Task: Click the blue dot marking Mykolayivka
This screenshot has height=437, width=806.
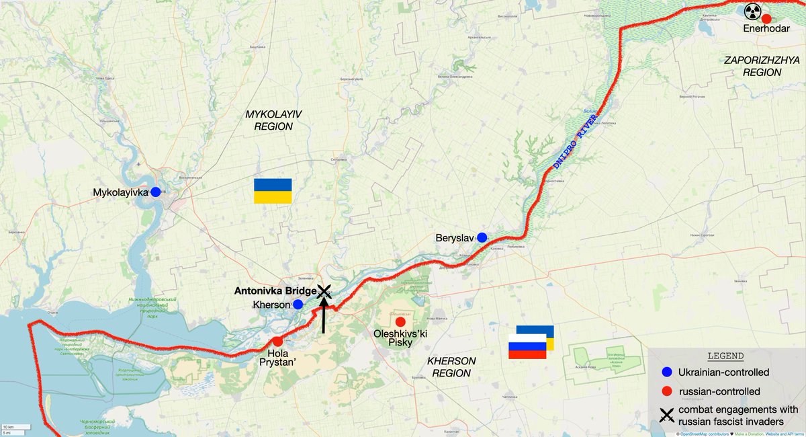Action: [156, 192]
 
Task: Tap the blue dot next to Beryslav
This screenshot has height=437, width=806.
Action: [482, 237]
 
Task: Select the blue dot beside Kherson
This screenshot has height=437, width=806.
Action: [298, 305]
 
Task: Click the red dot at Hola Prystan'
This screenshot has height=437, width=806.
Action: [277, 341]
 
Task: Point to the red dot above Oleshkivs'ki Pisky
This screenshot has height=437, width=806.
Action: [400, 321]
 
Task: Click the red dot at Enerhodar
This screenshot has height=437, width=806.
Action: [766, 18]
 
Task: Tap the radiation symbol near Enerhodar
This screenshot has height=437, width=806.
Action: [752, 11]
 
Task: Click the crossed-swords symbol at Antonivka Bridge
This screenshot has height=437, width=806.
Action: [324, 290]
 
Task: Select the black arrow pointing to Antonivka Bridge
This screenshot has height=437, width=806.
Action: [324, 316]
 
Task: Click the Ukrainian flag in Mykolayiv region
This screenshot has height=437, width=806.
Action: [273, 191]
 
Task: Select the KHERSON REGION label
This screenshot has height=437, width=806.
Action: [451, 367]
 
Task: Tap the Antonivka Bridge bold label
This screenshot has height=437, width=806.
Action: [274, 291]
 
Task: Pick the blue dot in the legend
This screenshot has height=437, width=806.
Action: [666, 372]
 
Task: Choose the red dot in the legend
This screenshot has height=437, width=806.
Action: [666, 391]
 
